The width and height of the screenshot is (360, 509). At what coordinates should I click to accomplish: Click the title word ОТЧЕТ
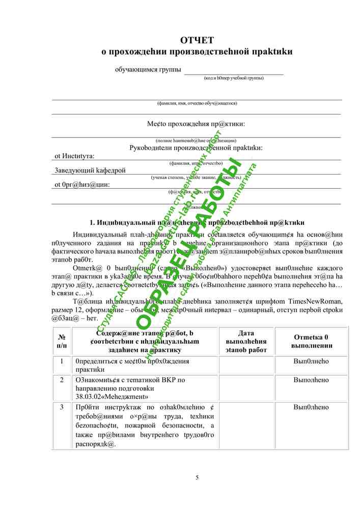tap(197, 41)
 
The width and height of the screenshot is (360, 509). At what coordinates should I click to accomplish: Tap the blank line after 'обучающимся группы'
tap(233, 72)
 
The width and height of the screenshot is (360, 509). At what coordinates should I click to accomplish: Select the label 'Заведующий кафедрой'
tap(90, 171)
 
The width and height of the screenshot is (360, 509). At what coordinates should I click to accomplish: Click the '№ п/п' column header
tap(62, 341)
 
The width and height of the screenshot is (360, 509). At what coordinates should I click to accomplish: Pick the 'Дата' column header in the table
tap(246, 333)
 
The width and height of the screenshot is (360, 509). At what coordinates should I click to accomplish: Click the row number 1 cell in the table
tap(62, 361)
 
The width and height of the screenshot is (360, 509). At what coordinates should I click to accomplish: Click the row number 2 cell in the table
tap(62, 380)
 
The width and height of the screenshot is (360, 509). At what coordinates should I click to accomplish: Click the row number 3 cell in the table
tap(62, 407)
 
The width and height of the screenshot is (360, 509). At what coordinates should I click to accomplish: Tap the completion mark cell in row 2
tap(311, 380)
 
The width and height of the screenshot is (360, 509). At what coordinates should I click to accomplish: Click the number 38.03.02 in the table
tap(87, 396)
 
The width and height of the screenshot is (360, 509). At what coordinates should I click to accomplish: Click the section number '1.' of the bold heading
tap(93, 222)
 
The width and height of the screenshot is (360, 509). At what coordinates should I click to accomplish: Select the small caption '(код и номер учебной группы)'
tap(233, 78)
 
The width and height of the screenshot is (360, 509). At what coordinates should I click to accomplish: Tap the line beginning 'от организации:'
tap(82, 185)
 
